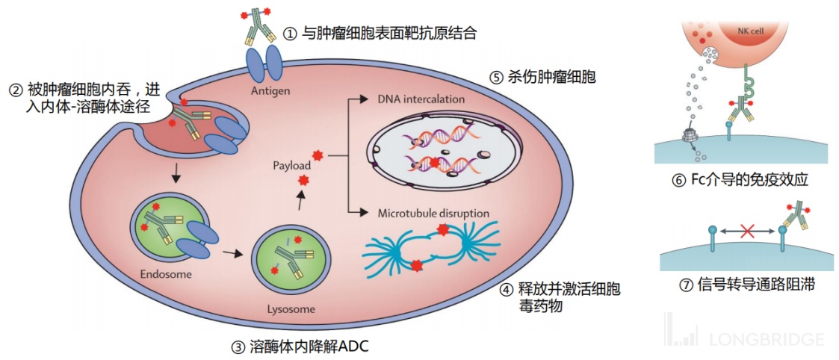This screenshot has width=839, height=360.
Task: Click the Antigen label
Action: coord(271,91)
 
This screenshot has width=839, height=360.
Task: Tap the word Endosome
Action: coord(166,274)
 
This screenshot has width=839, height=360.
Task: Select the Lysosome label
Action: coord(291,308)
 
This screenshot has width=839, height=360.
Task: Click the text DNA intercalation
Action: coord(421,99)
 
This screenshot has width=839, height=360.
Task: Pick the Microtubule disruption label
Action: coord(433,213)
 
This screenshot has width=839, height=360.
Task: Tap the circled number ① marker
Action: coord(291,34)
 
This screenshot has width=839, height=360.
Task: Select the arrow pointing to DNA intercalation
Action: coord(359,99)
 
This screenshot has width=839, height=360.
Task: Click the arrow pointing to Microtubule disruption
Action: coord(359,213)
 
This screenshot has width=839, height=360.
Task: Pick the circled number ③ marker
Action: coord(238,346)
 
